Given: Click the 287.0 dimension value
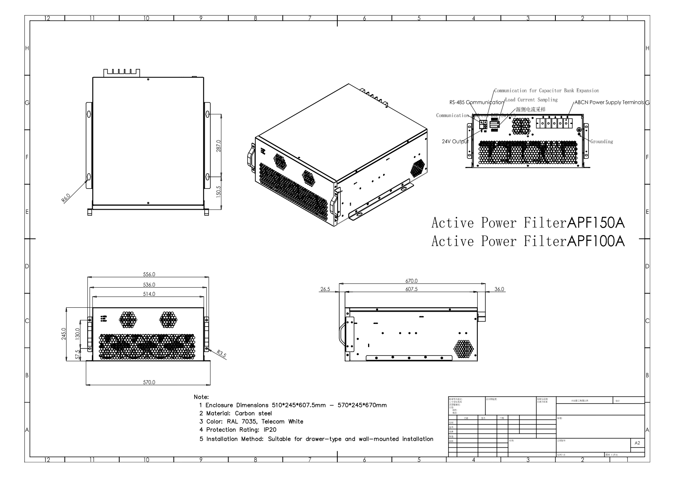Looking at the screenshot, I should click(x=218, y=146).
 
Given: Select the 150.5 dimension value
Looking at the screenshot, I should click(x=218, y=191).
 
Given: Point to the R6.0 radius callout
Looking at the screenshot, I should click(x=66, y=198).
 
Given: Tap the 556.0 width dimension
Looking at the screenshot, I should click(x=149, y=275).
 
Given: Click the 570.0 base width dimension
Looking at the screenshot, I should click(x=149, y=382).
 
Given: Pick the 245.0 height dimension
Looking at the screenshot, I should click(x=64, y=334).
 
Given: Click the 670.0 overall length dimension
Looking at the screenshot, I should click(x=411, y=281).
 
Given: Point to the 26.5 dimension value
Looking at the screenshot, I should click(x=325, y=289).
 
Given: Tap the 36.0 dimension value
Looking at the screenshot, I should click(x=499, y=289).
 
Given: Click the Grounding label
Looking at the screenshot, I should click(x=602, y=142).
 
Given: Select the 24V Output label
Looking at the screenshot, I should click(x=455, y=142).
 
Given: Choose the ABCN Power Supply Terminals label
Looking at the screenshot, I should click(x=609, y=103).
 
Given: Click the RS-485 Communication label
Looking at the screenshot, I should click(x=477, y=103).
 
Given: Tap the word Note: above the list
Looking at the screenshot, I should click(x=201, y=397).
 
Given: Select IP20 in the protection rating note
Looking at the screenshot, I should click(x=270, y=430).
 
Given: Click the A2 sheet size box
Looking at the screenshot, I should click(x=637, y=443).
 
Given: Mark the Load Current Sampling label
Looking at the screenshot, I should click(x=531, y=100).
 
